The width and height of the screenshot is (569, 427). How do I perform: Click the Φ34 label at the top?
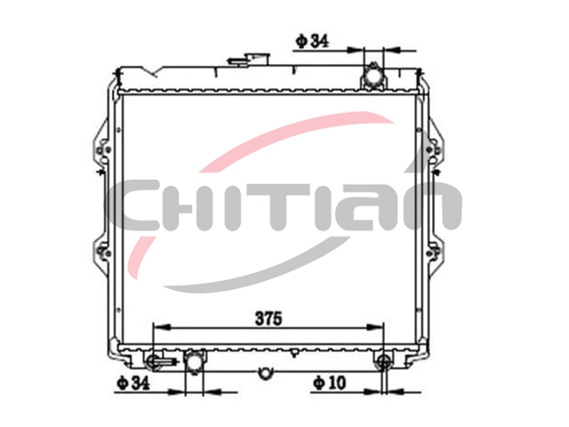312,41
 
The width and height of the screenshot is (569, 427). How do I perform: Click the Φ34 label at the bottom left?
132,383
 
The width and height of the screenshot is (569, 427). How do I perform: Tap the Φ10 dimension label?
330,383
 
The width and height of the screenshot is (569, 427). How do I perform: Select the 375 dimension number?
268,318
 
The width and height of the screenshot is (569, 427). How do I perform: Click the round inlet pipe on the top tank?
373,77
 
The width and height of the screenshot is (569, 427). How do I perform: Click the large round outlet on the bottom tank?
194,362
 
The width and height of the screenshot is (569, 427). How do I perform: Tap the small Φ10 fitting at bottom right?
383,360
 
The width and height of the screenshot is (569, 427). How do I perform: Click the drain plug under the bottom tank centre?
265,374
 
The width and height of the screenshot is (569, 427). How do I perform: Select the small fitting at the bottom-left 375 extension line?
156,361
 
